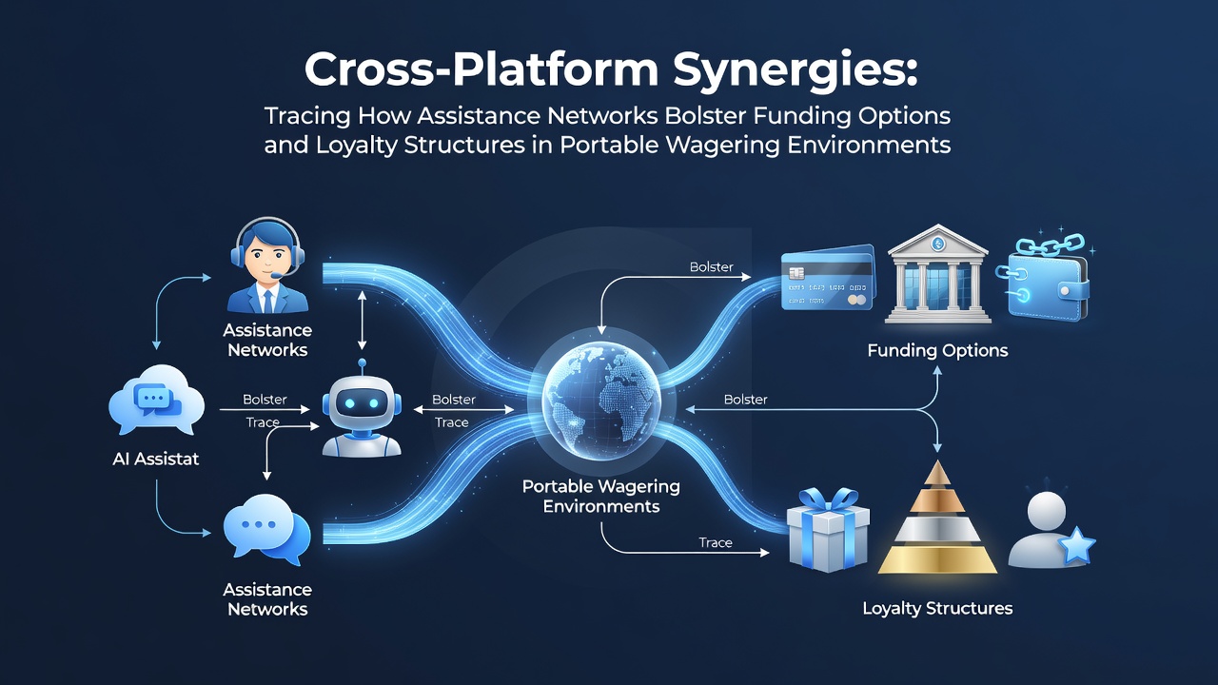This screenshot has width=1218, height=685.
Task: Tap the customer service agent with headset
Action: [267, 265]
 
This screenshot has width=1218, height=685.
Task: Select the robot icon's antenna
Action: [363, 367]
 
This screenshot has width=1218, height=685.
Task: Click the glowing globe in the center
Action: [602, 401]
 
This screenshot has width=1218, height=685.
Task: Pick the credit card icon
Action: [827, 279]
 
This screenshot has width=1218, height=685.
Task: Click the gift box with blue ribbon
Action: [828, 529]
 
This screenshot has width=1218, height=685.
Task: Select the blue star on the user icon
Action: [1077, 546]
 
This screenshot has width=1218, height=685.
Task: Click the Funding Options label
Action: [937, 350]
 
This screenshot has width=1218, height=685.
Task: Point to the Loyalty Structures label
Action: [937, 608]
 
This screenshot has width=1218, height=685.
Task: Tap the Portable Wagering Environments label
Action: [600, 497]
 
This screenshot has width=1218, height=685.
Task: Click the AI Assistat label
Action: [155, 459]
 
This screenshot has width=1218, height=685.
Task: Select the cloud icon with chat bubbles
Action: [157, 400]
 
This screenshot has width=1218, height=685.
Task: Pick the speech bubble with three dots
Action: [266, 529]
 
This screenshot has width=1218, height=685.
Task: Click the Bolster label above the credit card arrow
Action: [711, 267]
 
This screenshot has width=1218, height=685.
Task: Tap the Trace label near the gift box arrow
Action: [716, 542]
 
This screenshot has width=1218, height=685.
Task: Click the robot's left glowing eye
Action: [349, 402]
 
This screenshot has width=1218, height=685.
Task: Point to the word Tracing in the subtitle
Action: [307, 116]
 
